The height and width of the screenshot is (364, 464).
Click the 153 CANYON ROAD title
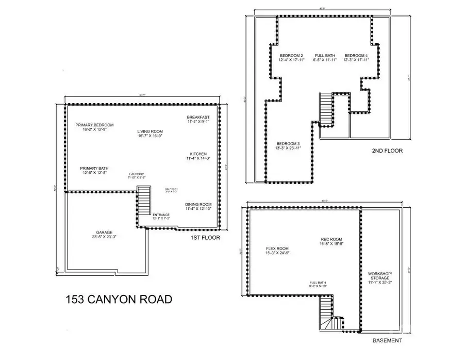[x=119, y=300]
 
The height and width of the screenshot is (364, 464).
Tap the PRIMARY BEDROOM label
[x=94, y=125]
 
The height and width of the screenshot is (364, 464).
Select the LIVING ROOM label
[x=150, y=131]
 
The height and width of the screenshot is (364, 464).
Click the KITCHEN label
[x=198, y=154]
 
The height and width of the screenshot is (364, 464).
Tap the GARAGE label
[x=104, y=233]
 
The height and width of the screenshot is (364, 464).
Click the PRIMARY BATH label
[x=93, y=168]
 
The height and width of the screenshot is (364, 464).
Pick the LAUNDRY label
[x=137, y=174]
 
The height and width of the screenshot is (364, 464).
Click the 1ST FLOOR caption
[x=206, y=238]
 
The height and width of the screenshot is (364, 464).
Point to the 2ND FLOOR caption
[x=387, y=151]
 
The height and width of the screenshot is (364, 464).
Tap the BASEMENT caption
[x=387, y=341]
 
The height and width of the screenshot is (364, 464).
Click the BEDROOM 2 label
[x=291, y=56]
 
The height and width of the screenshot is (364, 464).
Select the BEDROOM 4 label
[x=356, y=56]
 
